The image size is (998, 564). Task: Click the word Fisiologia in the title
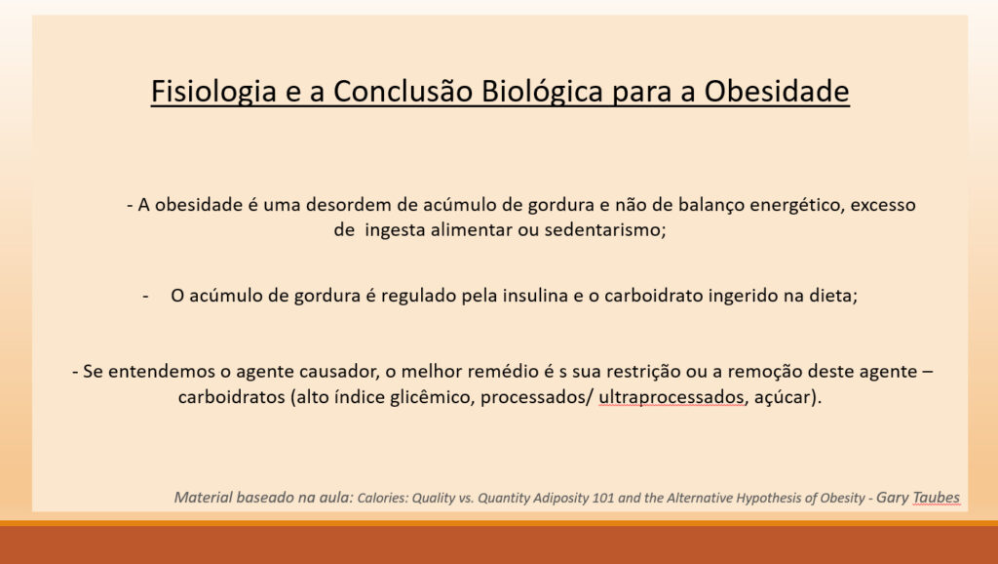213,92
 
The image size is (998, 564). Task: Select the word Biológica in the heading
542,91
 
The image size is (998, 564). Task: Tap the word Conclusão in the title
403,91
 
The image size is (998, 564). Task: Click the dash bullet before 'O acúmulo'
146,297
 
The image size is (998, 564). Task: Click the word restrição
642,372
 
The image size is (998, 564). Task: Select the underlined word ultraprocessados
671,398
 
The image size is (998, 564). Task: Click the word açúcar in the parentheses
783,398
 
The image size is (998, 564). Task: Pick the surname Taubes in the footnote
936,498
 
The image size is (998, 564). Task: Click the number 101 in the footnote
602,499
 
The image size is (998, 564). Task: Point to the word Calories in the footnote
382,499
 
